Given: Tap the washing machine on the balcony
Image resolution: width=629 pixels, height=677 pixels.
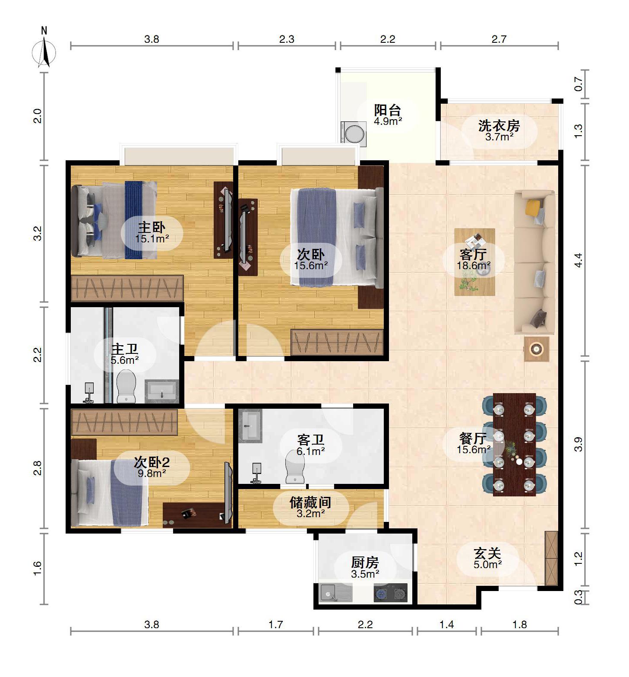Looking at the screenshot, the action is click(x=354, y=132).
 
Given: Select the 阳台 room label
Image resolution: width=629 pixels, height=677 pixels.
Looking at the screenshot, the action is click(x=387, y=110).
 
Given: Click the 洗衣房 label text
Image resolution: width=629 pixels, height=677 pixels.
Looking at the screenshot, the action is click(x=499, y=126).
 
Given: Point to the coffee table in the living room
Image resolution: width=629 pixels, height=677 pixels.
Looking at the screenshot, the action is click(x=474, y=262).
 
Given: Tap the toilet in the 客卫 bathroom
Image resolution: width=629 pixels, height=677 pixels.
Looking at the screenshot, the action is click(x=295, y=467).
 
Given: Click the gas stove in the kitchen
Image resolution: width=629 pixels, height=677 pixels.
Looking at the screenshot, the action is click(x=390, y=593).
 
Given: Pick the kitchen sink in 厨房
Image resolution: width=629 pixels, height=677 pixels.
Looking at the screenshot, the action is click(x=335, y=593).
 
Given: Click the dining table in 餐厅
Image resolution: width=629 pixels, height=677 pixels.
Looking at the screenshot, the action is click(x=514, y=444).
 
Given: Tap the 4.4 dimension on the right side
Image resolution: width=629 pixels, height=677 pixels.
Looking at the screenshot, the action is click(x=578, y=261).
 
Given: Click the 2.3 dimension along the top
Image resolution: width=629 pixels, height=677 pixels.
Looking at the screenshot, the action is click(x=287, y=39).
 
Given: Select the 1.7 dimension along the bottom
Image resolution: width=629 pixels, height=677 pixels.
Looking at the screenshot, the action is click(x=275, y=624).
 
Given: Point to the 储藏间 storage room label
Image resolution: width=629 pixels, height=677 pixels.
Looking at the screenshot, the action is click(x=310, y=502).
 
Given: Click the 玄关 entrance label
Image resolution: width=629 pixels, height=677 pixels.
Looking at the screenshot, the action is click(x=487, y=553).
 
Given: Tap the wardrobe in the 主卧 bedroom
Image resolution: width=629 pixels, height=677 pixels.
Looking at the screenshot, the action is click(x=127, y=288).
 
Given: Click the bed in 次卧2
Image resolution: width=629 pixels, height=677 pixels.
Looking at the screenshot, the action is click(x=110, y=493).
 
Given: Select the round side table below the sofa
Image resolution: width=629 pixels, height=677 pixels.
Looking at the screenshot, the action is click(x=537, y=349).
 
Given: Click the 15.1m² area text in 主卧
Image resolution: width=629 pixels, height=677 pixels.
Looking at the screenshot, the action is click(x=152, y=238).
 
